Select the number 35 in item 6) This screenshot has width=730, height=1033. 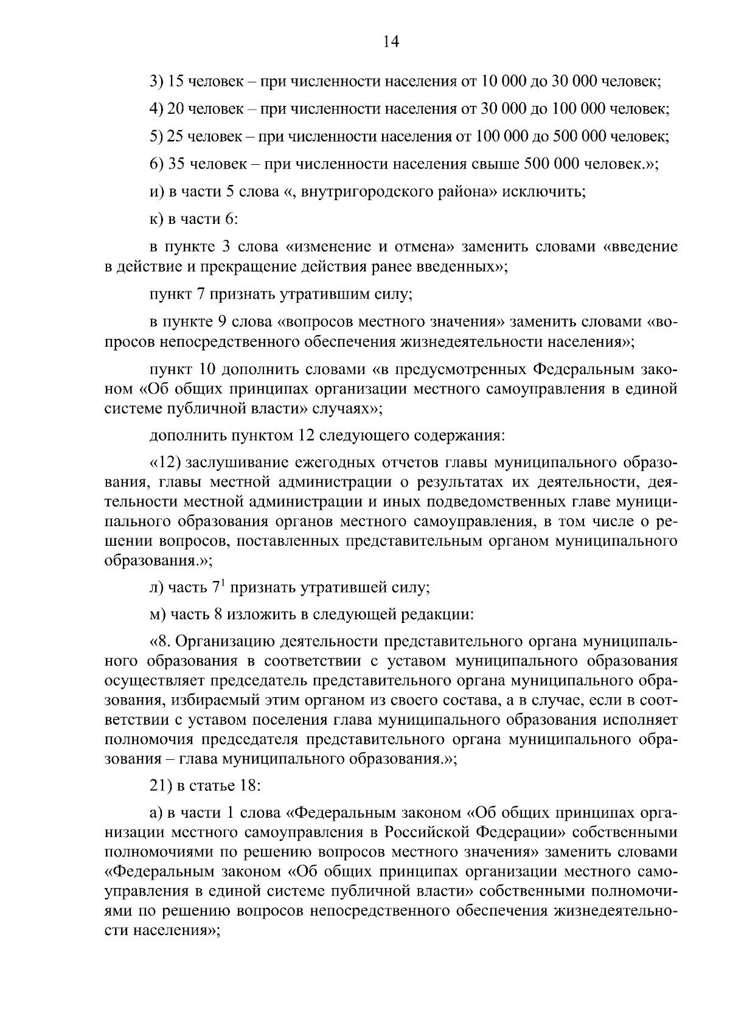pos(176,164)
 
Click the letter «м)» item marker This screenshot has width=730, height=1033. pos(157,614)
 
